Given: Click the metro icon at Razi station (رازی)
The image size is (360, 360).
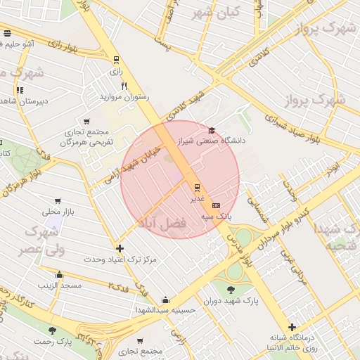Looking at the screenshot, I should (116, 60).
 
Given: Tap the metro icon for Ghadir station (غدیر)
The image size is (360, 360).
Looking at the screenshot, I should (197, 187).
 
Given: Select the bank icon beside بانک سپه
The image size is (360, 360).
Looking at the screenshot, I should (215, 205).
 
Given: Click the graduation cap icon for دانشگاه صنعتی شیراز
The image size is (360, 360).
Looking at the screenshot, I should (212, 130).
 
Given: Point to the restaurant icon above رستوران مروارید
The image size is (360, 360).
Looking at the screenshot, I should (124, 86).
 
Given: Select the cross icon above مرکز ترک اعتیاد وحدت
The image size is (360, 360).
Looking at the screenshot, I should (120, 248).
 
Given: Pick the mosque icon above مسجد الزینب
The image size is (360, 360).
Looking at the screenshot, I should (59, 275).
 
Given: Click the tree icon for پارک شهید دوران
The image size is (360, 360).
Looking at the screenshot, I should (231, 290).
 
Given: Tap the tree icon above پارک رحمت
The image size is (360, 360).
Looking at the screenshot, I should (52, 330).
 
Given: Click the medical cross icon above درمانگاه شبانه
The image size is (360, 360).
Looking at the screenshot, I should (292, 327).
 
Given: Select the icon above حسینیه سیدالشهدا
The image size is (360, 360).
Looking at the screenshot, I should (164, 298).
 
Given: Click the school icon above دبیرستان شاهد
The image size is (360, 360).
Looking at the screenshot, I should (20, 90).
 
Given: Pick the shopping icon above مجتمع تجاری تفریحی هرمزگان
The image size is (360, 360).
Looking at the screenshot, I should (86, 121).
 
